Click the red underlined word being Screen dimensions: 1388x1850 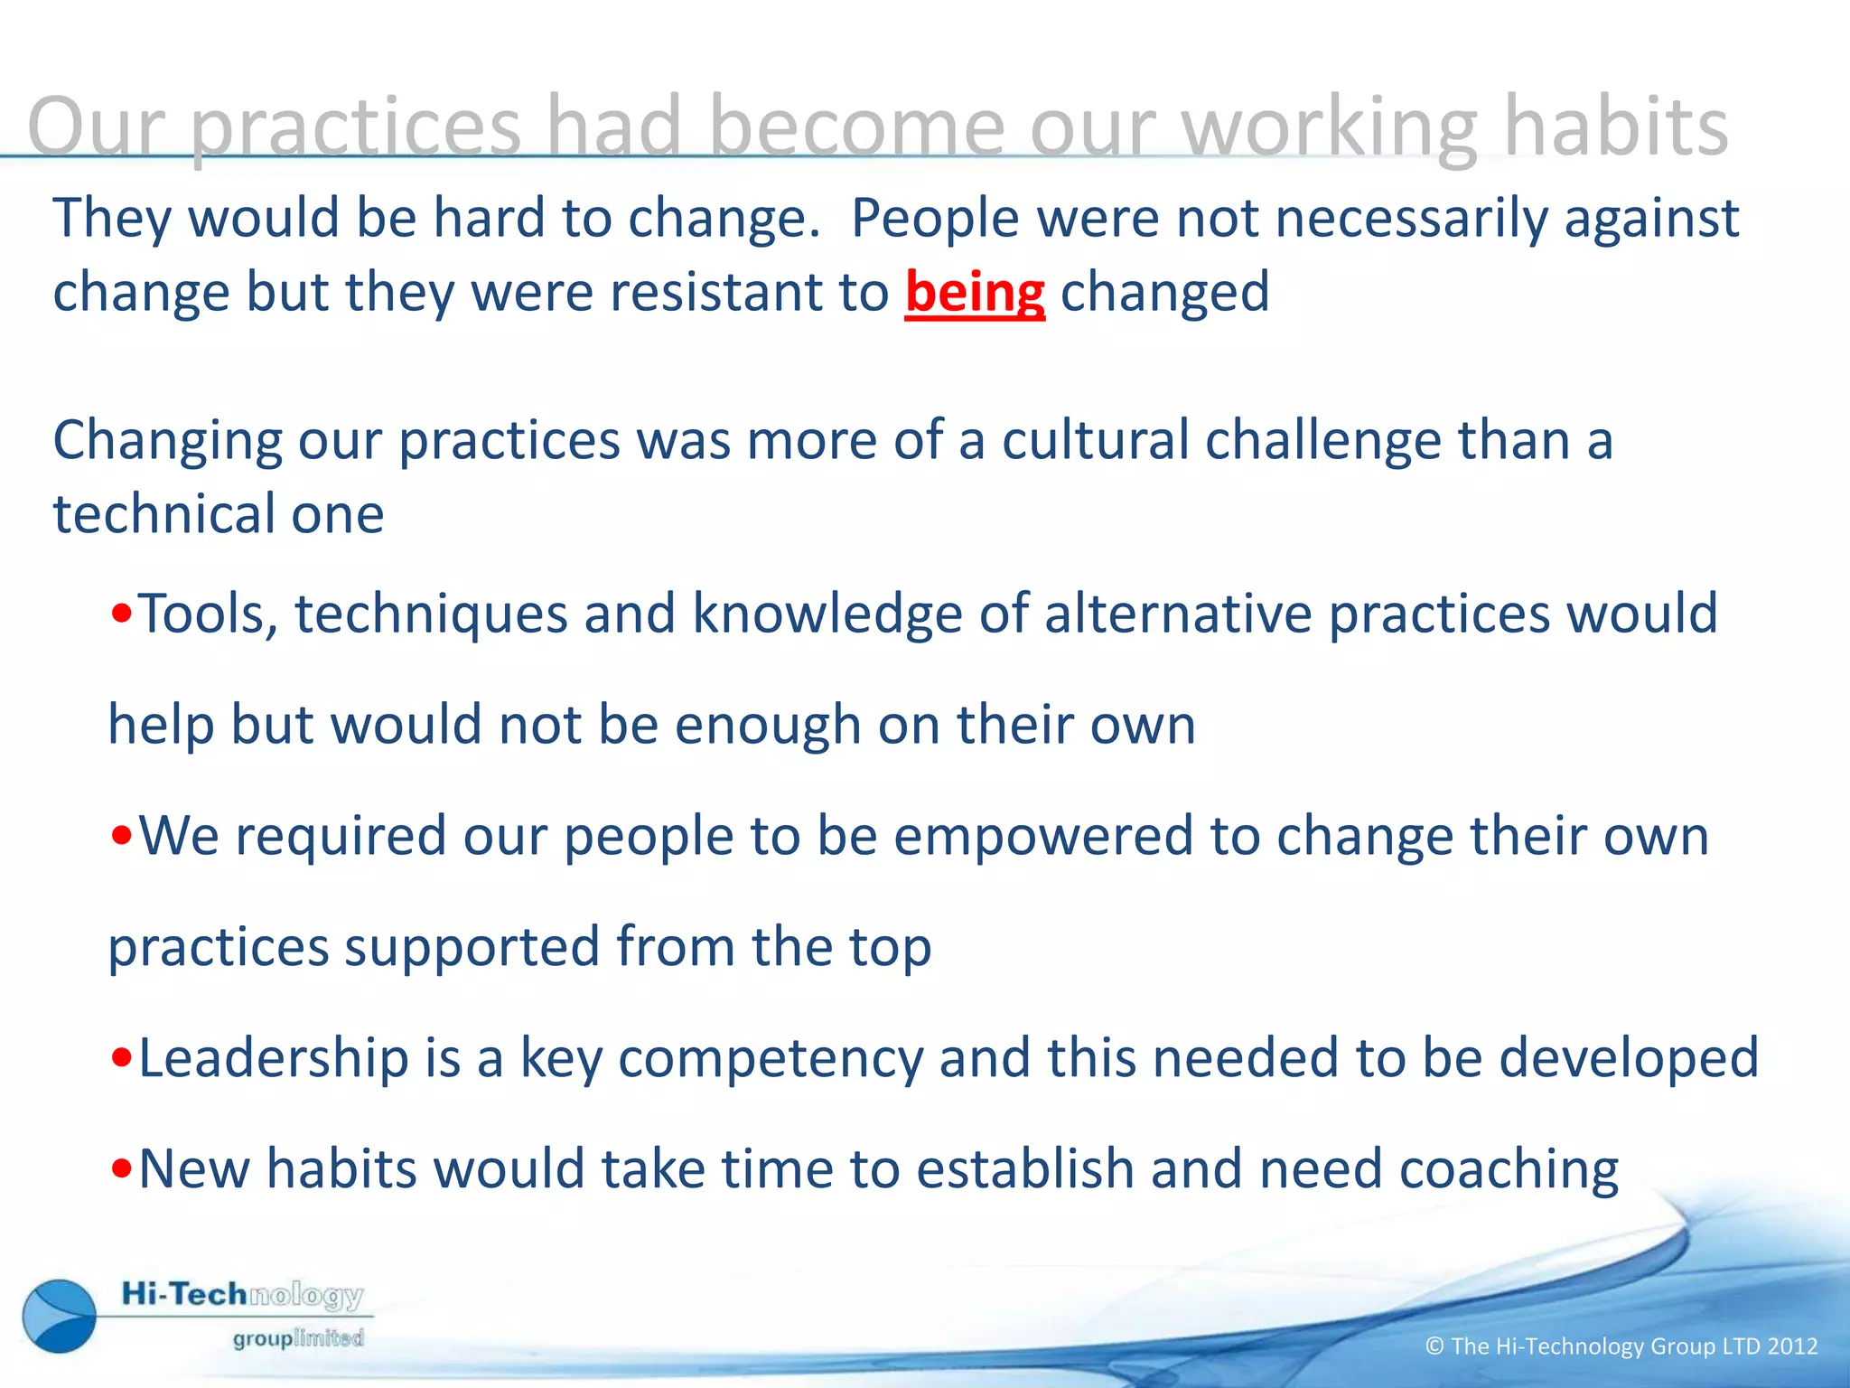click(975, 294)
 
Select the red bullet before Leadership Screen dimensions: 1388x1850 click(122, 1059)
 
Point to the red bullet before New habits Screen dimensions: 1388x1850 click(122, 1170)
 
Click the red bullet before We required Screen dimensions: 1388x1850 click(122, 838)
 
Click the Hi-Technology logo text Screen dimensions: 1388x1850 click(242, 1295)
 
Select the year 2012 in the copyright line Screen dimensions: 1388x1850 click(1792, 1346)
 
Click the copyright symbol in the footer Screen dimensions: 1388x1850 click(1434, 1346)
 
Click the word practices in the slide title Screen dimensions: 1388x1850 click(356, 128)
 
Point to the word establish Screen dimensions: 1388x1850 click(1025, 1168)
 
